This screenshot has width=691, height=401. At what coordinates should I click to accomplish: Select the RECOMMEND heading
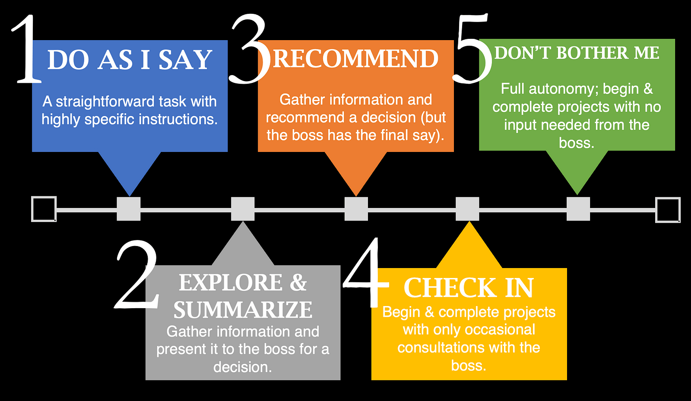pos(356,59)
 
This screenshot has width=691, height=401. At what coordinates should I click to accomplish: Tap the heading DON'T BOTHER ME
pos(577,53)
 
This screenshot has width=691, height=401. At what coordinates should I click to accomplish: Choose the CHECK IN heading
pos(469,288)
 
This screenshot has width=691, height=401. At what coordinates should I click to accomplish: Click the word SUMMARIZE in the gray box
pos(243,310)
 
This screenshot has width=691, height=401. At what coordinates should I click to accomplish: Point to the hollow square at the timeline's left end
pos(44,209)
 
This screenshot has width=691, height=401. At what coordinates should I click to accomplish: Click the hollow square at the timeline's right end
pos(668,210)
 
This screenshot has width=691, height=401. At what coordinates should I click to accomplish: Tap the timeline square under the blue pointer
pos(129,209)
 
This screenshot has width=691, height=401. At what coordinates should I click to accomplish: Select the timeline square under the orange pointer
pos(356,209)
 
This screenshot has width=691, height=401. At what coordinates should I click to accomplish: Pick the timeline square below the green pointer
pos(578,209)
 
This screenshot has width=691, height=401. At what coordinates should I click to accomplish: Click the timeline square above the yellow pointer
pos(468,209)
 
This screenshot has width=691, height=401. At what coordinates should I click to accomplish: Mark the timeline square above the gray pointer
pos(243,209)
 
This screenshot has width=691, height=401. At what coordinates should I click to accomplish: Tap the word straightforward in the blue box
pos(105,102)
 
